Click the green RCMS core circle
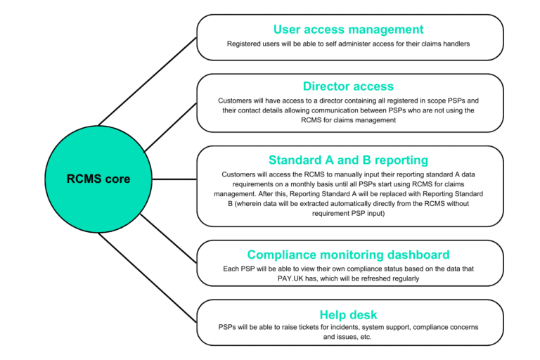(98, 179)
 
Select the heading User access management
(349, 30)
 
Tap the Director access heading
(349, 86)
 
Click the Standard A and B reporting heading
(349, 160)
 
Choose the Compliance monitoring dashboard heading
(349, 255)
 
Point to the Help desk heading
(349, 314)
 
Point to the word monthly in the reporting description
(321, 184)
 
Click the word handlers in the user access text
(454, 44)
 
